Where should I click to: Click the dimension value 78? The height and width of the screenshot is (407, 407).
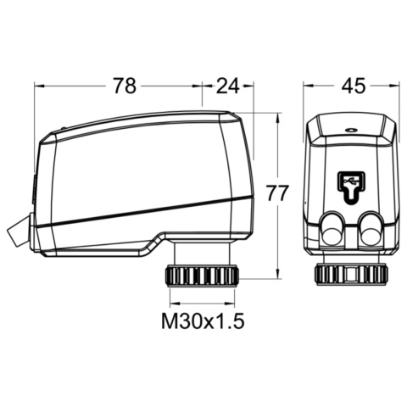[x=125, y=86]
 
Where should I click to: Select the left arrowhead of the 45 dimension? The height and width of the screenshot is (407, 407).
[x=307, y=86]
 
